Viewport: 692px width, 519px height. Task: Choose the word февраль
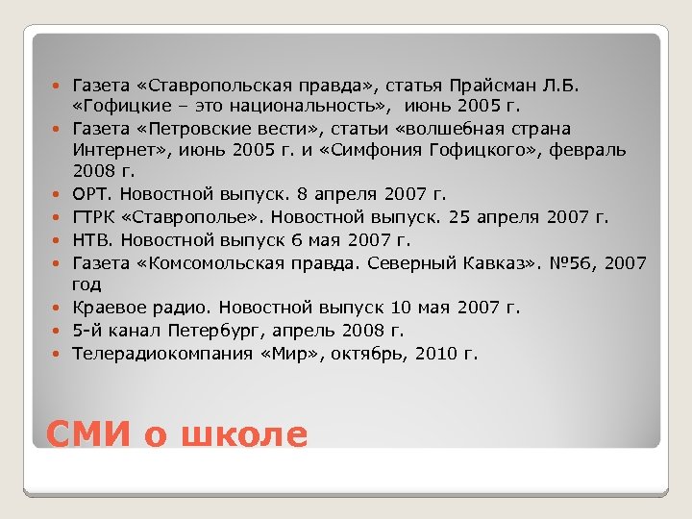coord(589,151)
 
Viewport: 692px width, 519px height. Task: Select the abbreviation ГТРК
coord(95,217)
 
